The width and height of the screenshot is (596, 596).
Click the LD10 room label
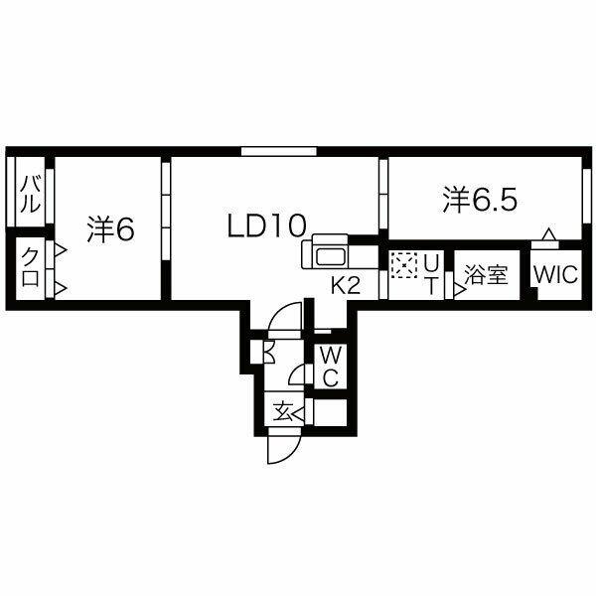tap(266, 225)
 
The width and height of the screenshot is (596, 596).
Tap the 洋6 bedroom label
tap(110, 229)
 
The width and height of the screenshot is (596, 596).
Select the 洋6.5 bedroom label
tap(480, 200)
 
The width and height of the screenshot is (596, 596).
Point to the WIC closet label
tap(555, 274)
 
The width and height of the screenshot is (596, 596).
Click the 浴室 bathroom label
tap(486, 274)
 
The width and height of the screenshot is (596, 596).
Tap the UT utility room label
tap(431, 274)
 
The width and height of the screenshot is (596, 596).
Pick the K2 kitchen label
tap(346, 285)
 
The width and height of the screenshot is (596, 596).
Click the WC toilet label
tap(331, 366)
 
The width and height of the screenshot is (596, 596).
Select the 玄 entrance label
tap(283, 411)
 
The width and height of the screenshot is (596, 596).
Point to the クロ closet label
tap(31, 266)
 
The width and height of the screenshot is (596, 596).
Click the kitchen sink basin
tap(331, 257)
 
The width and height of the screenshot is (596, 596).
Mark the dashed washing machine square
tap(403, 264)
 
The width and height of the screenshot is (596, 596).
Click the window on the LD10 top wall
tap(279, 151)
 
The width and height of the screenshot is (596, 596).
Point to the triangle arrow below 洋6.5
tap(547, 234)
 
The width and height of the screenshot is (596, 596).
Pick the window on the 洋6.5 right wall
tap(587, 196)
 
